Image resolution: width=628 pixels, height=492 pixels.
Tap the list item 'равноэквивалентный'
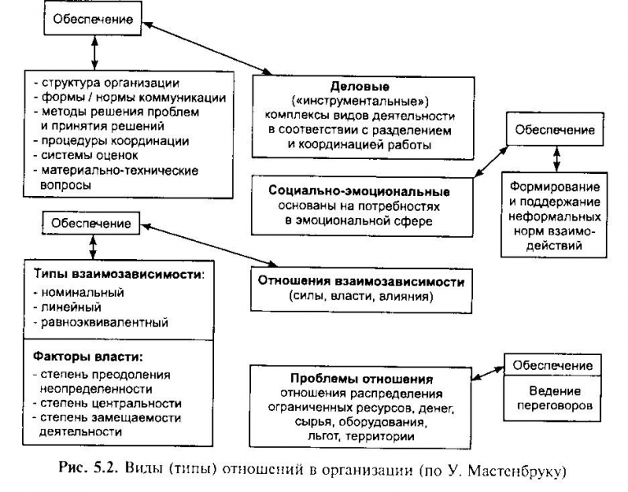(102, 323)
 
